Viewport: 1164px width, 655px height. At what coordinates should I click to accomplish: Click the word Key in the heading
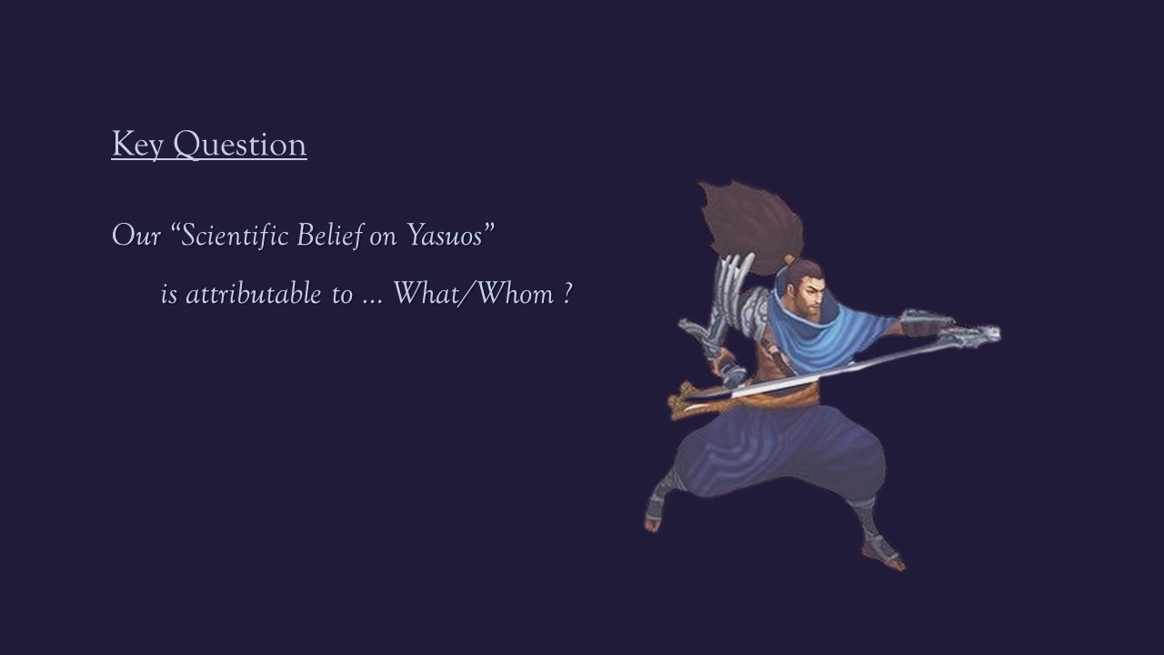pos(137,145)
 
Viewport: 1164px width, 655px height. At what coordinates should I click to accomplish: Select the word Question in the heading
pos(240,145)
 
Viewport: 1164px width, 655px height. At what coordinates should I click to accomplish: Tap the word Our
pos(136,236)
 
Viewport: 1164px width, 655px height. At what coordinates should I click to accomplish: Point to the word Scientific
pos(230,235)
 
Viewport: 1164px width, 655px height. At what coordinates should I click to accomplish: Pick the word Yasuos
pos(443,235)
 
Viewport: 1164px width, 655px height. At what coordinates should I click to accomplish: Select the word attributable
pos(254,294)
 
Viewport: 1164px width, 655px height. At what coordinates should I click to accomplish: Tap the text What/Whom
pos(474,294)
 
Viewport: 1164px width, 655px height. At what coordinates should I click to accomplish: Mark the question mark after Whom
pos(567,294)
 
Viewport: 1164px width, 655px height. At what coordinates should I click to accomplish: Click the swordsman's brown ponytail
pos(751,227)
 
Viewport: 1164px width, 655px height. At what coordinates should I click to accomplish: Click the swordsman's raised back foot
pos(654,515)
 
